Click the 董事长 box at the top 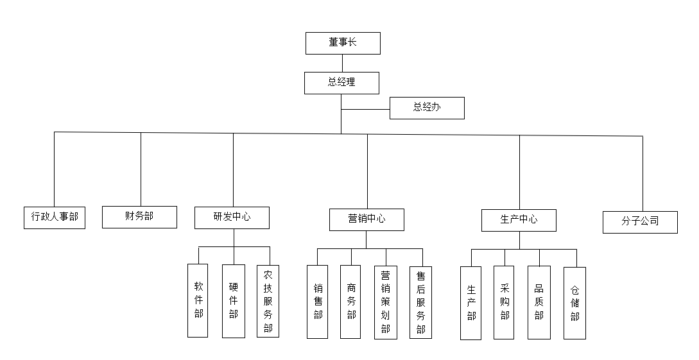tap(343, 43)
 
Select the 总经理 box tap(341, 83)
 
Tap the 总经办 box tap(427, 108)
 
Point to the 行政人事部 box tap(55, 217)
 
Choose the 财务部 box tap(139, 216)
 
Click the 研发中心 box tap(232, 218)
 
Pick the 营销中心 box tap(367, 219)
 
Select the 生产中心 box tap(519, 220)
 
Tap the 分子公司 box tap(640, 221)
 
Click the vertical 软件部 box tap(198, 300)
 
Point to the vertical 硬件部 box tap(233, 300)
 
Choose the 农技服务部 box tap(268, 300)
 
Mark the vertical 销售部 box tap(317, 302)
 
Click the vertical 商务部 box tap(350, 302)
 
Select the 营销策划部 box tap(385, 302)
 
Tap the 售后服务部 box tap(420, 302)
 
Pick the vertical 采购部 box tap(505, 302)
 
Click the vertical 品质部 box tap(539, 302)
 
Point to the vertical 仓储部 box tap(574, 302)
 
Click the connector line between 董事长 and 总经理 tap(342, 63)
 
